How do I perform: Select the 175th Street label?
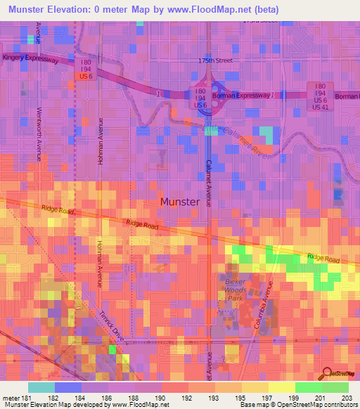point(214,61)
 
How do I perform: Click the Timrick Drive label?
point(112,327)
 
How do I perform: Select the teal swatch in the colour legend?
point(41,387)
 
